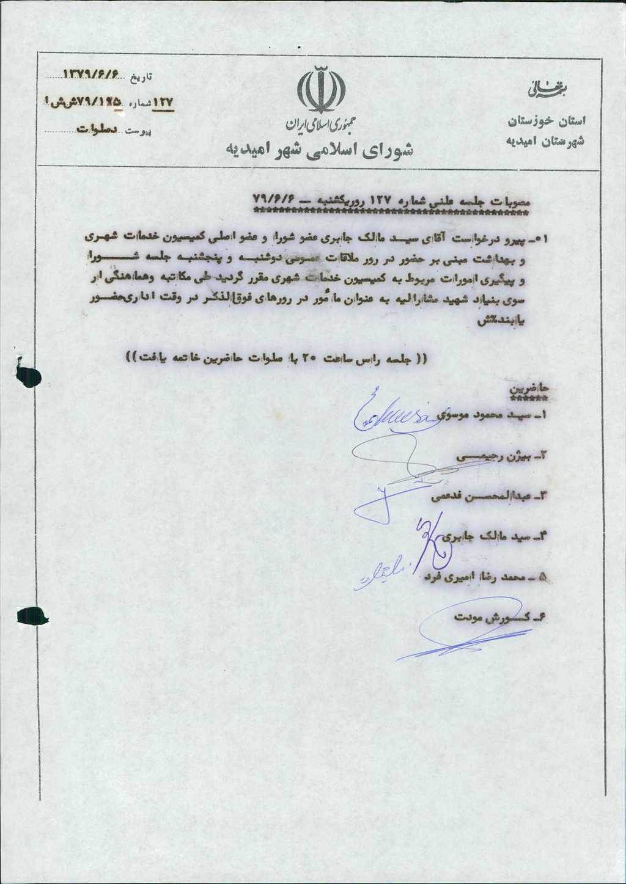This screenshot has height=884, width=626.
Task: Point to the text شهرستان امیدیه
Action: pyautogui.click(x=543, y=141)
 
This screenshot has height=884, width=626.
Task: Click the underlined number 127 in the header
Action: pyautogui.click(x=163, y=102)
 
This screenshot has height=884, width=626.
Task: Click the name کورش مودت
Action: pyautogui.click(x=498, y=618)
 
